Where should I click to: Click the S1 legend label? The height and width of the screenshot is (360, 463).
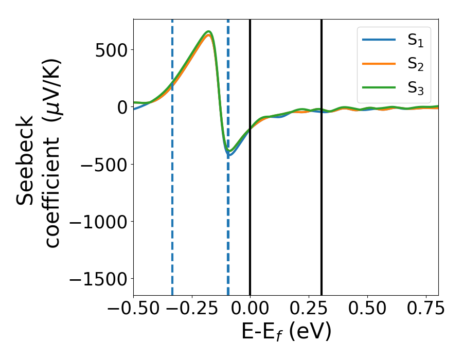click(415, 41)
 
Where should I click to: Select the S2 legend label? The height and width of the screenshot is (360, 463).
click(415, 64)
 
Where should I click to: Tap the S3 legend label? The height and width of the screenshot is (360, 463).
click(415, 88)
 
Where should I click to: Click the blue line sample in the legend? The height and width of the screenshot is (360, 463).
click(379, 40)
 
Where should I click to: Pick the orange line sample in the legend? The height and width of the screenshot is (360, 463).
click(379, 63)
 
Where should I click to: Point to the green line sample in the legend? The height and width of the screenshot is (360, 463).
click(379, 87)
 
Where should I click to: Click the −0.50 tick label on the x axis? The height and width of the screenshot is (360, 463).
click(133, 309)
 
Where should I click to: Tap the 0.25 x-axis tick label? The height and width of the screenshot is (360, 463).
click(309, 309)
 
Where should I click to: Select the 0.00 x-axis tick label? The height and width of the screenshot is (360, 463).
click(250, 309)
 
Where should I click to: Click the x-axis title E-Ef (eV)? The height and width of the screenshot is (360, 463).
click(286, 332)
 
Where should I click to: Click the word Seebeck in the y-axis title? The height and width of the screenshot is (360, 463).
click(26, 160)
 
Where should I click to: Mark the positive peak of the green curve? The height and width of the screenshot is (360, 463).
click(209, 31)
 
